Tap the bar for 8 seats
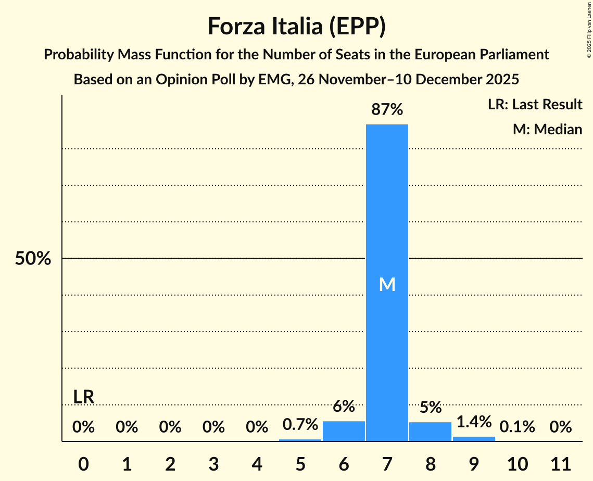pos(430,432)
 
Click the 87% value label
pos(387,110)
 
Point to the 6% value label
pos(344,406)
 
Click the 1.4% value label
pos(474,422)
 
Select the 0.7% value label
pos(300,424)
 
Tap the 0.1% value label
pos(517,427)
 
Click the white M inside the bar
pos(387,284)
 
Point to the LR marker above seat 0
pos(83,397)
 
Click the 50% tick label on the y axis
pos(33,259)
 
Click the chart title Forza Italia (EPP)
pos(296,26)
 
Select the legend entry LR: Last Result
pos(535,105)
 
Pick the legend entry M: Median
pos(547,129)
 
